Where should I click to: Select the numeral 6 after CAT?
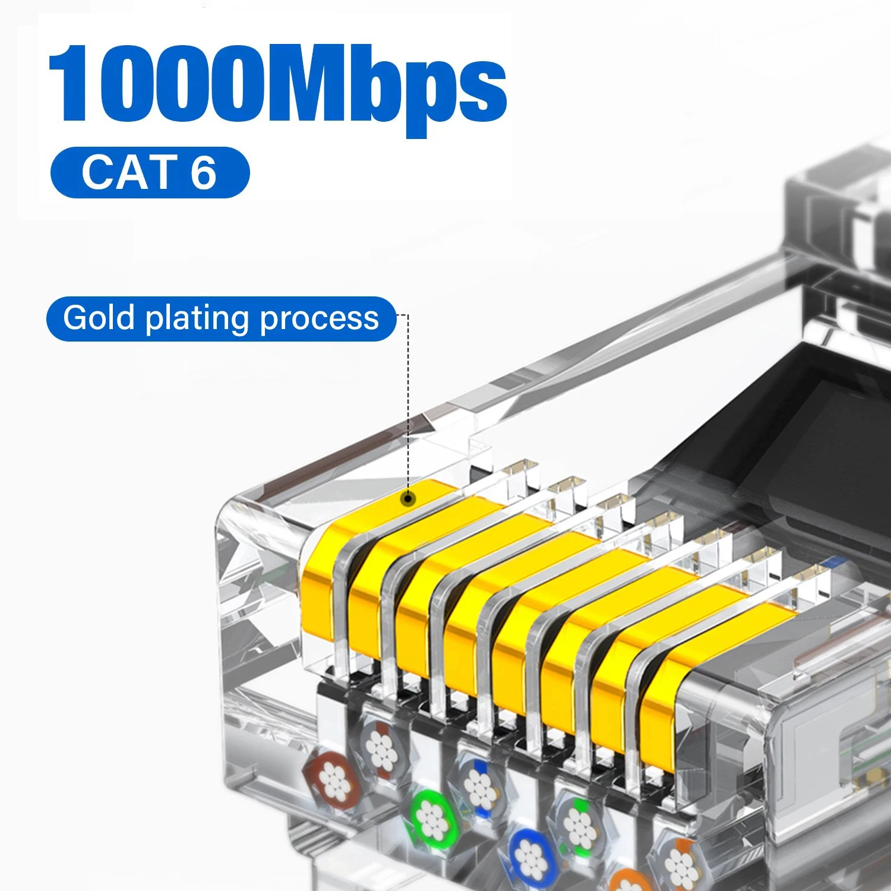(x=203, y=172)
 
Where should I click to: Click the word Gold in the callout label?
(x=99, y=318)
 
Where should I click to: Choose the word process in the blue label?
(x=319, y=319)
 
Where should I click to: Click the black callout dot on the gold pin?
(x=407, y=498)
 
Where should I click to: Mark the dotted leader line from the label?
(x=408, y=404)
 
